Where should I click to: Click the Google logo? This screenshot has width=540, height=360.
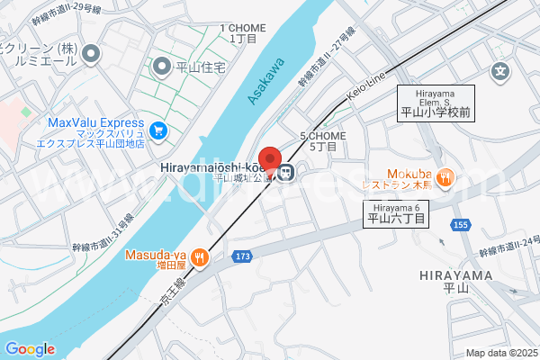(30, 349)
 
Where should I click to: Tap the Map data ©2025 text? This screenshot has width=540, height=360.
(500, 353)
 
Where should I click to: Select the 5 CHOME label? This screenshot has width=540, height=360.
(319, 140)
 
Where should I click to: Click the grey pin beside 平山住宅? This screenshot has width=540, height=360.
(162, 65)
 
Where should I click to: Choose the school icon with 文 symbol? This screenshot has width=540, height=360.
(500, 70)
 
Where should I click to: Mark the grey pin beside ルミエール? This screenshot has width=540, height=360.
(90, 55)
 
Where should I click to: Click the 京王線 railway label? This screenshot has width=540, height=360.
(171, 287)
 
